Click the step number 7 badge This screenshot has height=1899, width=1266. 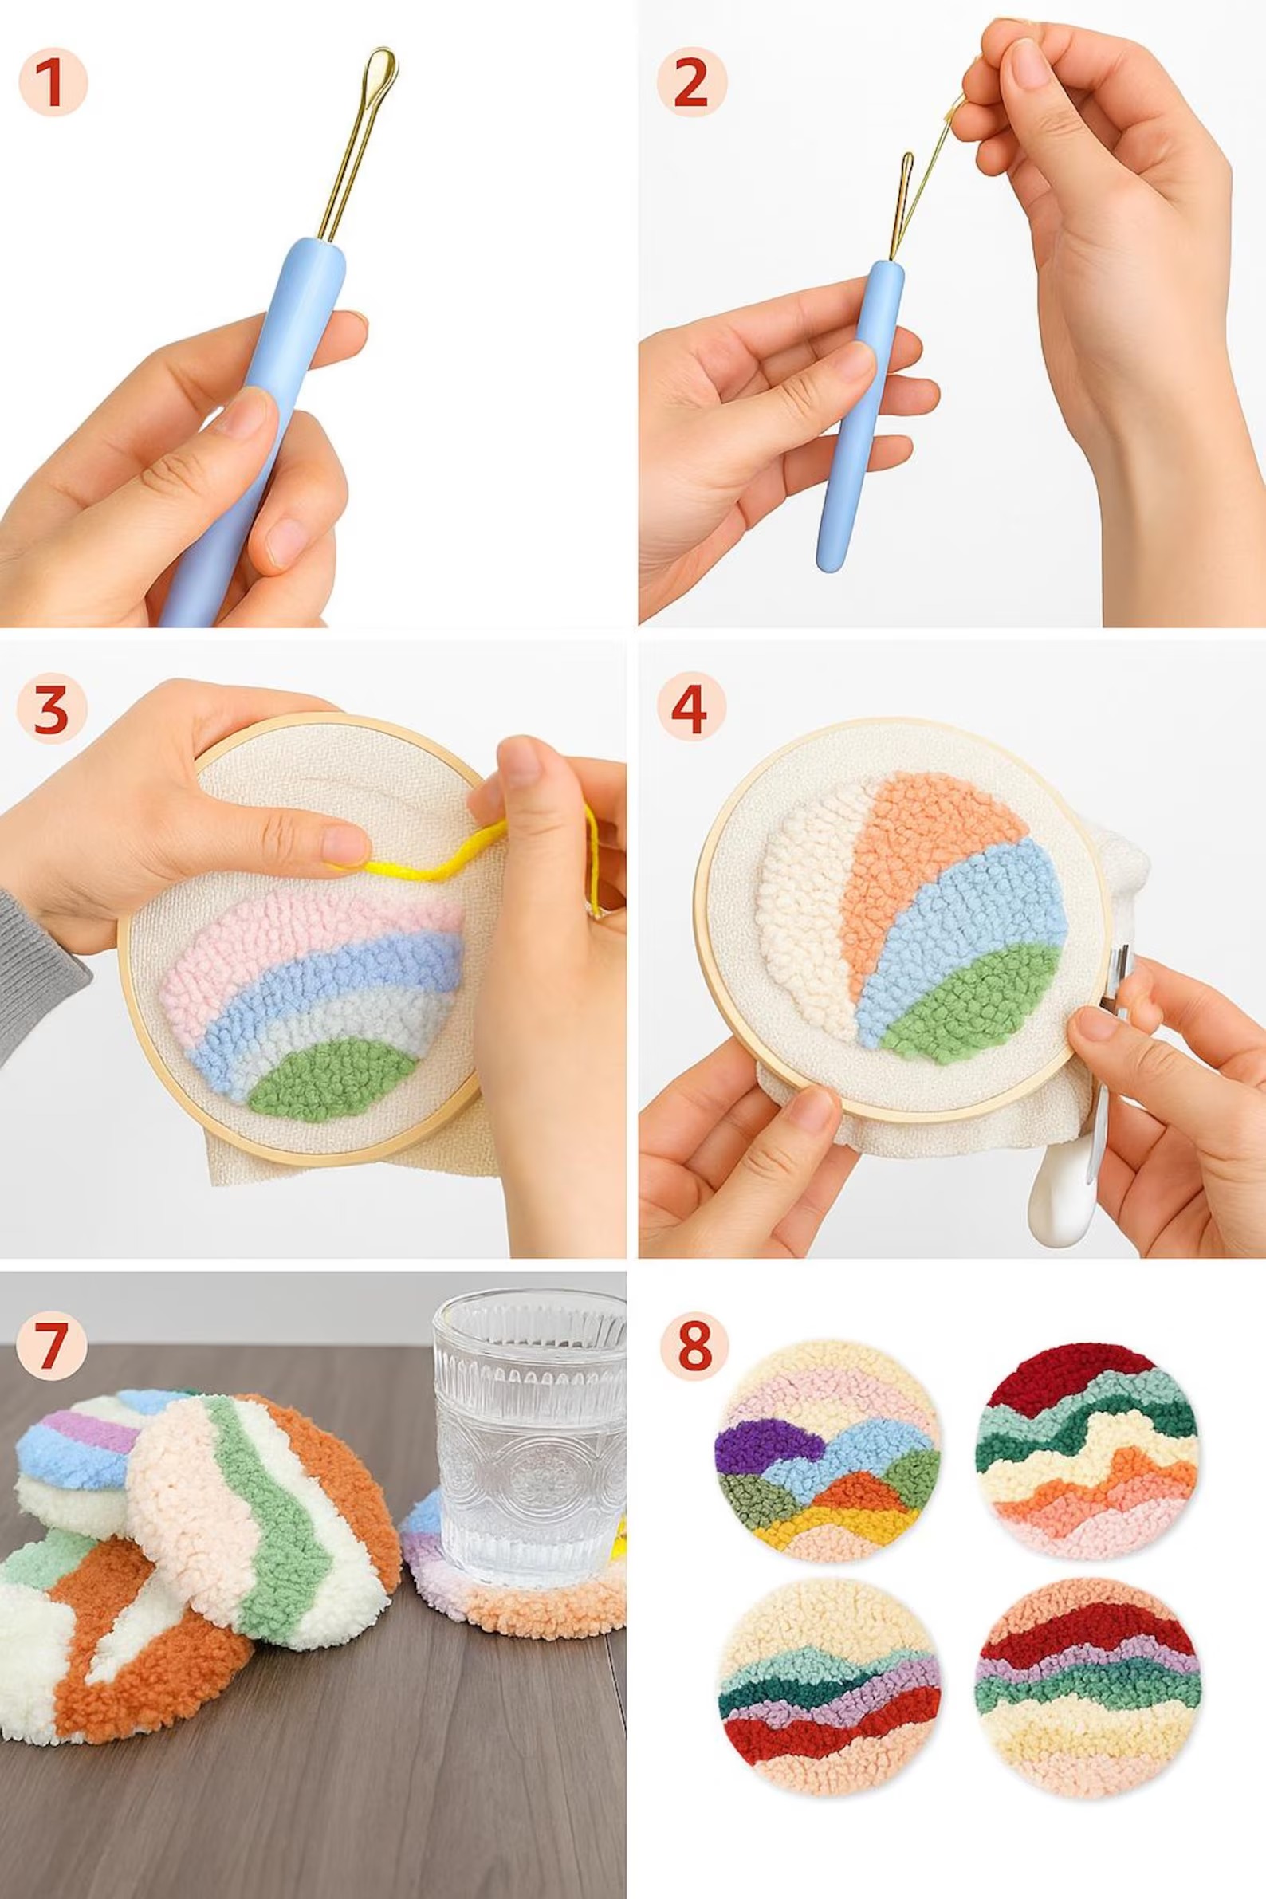click(x=51, y=1345)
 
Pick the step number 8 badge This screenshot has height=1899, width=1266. click(x=694, y=1345)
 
